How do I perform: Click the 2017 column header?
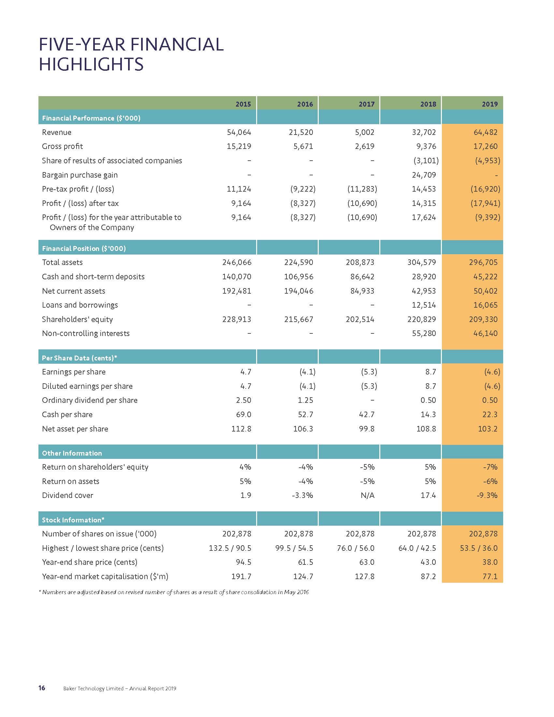coord(366,104)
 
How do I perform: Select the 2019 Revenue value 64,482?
coord(485,132)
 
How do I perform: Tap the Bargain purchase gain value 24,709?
coord(424,175)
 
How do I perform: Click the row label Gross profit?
coord(62,146)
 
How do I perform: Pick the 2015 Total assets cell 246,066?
coord(237,262)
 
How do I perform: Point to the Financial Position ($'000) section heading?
coord(84,249)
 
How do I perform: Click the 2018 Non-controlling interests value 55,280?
coord(424,333)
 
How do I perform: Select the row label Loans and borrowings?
coord(80,305)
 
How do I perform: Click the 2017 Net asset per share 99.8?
coord(366,429)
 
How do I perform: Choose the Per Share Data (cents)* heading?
coord(80,358)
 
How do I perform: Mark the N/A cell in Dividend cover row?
coord(367,495)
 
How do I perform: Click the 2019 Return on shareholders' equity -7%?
coord(490,467)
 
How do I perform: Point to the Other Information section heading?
coord(72,453)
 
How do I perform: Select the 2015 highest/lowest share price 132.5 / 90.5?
coord(230,548)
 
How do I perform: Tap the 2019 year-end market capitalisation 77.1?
coord(490,577)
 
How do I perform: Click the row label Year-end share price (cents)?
coord(90,563)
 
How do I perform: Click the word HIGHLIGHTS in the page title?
coord(91,64)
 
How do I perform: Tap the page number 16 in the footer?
coord(42,688)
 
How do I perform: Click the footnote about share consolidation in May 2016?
coord(174,592)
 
